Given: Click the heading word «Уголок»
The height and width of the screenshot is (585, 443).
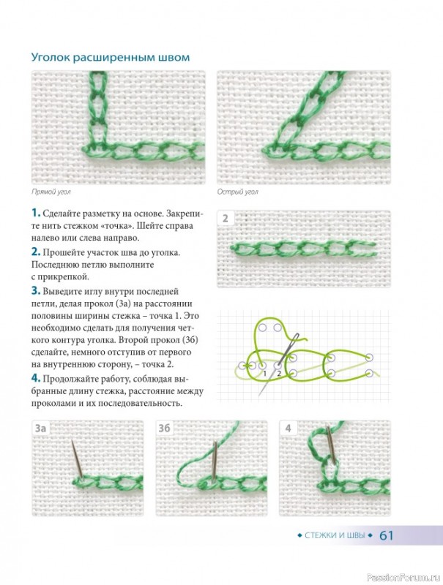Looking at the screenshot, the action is (51, 58).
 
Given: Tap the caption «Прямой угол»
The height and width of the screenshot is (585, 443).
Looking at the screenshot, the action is (51, 192).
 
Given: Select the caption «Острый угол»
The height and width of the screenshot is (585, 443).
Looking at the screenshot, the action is (237, 192).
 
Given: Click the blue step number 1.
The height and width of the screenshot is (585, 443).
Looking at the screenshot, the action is (35, 213).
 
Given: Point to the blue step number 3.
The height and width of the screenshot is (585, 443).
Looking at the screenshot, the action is (35, 290).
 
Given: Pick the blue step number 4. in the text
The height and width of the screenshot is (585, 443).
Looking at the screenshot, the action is (35, 378).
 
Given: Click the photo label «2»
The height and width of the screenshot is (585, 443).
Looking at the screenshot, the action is (226, 218).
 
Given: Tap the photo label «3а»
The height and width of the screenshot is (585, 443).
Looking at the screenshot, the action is (40, 428).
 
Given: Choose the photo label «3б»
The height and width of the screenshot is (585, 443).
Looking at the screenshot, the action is (164, 428).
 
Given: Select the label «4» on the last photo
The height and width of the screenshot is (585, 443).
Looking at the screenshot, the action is (288, 428).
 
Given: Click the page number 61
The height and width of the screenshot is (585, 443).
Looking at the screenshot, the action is (386, 536).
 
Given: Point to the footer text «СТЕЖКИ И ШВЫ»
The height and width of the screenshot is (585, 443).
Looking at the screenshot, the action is (335, 536).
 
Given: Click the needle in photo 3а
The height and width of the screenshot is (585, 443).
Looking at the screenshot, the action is (77, 458).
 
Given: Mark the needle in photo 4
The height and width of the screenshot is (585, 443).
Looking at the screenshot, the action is (331, 444).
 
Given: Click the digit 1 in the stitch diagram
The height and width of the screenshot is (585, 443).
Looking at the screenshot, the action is (264, 374).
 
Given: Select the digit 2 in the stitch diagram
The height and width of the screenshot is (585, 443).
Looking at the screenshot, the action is (279, 374).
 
